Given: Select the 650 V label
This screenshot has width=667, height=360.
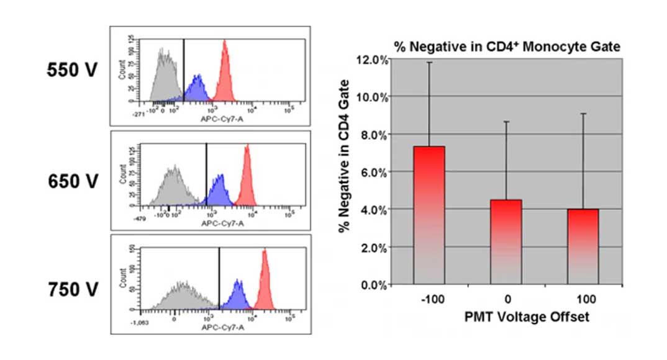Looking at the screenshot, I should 73,181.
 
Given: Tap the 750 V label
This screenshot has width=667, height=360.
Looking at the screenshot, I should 73,290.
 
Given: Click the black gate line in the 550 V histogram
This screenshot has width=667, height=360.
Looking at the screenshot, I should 184,68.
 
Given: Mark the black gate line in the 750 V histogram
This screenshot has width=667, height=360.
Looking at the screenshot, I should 219,279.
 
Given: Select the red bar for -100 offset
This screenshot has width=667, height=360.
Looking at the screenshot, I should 429,215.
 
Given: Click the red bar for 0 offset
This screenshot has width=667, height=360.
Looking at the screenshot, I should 506,241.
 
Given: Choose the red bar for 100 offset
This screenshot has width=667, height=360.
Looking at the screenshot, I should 583,246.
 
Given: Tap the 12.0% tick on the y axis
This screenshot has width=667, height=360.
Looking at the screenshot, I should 372,60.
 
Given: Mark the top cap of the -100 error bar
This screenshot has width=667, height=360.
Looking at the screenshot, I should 429,63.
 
